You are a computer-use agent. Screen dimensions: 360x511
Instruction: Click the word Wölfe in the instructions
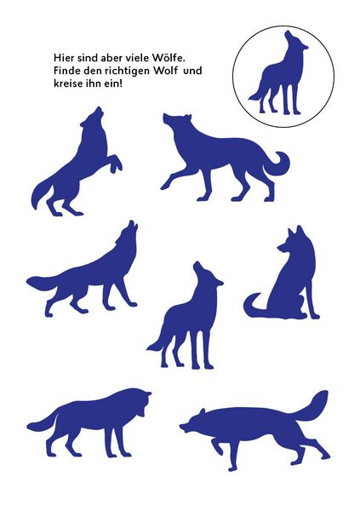click(x=169, y=58)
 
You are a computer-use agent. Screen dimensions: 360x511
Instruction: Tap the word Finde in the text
click(x=64, y=71)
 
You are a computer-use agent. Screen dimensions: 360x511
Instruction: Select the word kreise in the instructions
click(x=65, y=83)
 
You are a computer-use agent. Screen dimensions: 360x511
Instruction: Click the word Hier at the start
click(x=62, y=58)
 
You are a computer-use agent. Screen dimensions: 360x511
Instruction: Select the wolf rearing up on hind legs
click(x=77, y=162)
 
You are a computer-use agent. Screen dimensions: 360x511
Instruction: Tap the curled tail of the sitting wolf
click(x=254, y=307)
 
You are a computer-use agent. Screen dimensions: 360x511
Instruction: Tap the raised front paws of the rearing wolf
click(x=117, y=165)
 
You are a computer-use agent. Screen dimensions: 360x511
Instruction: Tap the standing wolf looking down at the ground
click(x=89, y=422)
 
